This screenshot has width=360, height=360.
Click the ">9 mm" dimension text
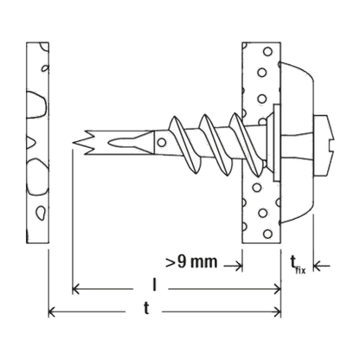click(x=191, y=262)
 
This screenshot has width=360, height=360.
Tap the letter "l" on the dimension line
click(x=155, y=285)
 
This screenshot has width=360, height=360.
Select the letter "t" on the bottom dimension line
click(x=146, y=308)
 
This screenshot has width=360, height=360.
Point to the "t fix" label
click(x=298, y=265)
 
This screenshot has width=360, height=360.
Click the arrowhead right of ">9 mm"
click(x=238, y=266)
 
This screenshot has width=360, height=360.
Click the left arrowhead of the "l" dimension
click(x=76, y=288)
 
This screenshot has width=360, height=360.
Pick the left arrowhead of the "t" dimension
click(x=52, y=312)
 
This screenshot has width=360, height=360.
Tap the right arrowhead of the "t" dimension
click(x=277, y=312)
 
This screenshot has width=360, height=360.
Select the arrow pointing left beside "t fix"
click(x=321, y=266)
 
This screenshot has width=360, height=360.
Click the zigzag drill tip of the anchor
click(x=84, y=142)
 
